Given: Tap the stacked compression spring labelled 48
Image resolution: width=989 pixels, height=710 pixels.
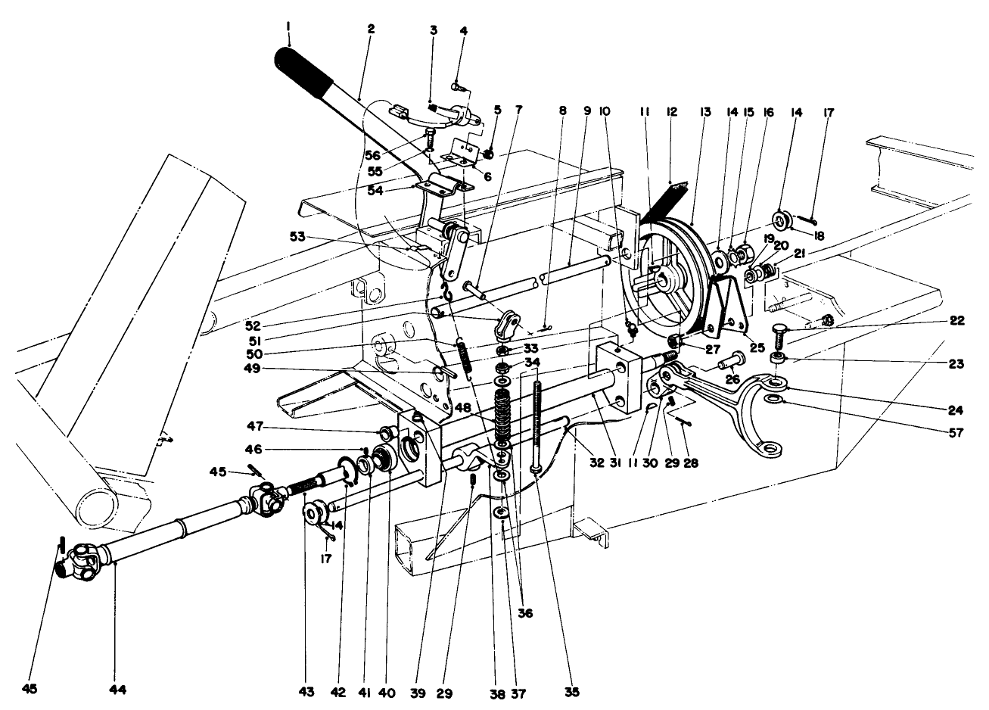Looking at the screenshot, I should tap(502, 416).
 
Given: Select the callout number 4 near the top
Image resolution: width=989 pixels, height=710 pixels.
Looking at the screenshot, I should tap(463, 31).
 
